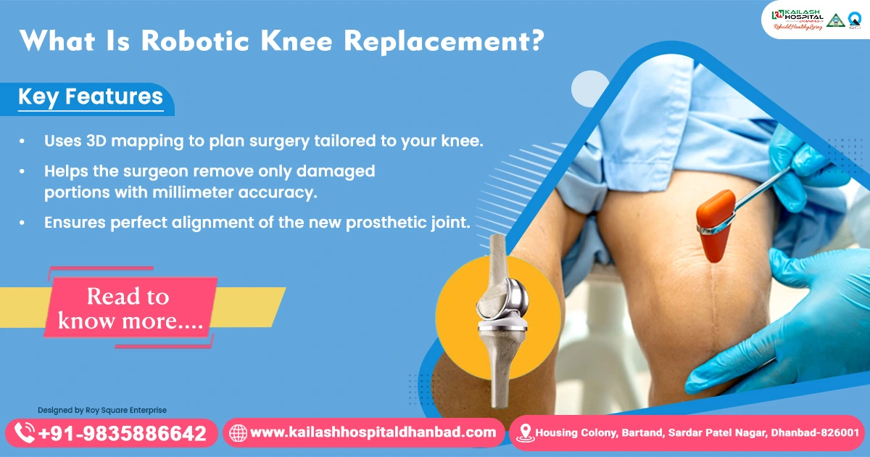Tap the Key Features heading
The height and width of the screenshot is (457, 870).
[x=91, y=96]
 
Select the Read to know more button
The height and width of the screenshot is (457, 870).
[x=129, y=308]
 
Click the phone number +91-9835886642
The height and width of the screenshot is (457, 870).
[x=123, y=434]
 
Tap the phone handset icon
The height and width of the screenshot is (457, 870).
[x=25, y=434]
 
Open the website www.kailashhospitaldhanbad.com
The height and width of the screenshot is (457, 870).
[x=373, y=433]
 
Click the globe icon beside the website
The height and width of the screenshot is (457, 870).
[x=238, y=434]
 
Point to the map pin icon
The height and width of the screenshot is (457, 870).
[x=526, y=434]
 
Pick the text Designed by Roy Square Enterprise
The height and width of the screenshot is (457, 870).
[x=102, y=410]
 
